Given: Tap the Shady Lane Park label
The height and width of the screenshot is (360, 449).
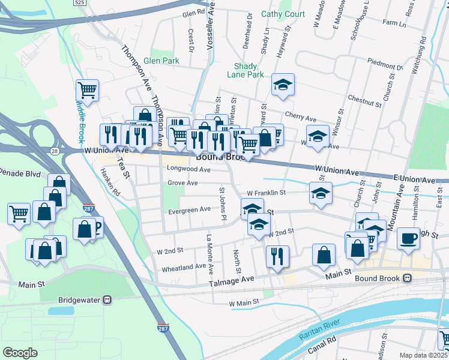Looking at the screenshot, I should coord(246,71).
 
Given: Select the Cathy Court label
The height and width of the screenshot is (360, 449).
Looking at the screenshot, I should coord(283,14).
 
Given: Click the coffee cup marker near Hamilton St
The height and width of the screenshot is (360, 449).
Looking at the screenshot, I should coord(408,238).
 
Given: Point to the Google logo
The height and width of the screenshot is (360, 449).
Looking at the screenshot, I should coord(20,353).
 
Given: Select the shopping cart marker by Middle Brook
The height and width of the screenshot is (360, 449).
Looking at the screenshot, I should coord(87,91).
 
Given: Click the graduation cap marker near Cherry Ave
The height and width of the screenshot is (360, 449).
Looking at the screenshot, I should coord(283,85).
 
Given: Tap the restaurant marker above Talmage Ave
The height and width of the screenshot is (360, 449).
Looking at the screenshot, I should coord(277,256).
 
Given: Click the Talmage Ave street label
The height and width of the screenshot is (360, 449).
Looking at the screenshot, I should coord(232,280).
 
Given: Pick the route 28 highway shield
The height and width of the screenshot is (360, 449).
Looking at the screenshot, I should coord(55,151).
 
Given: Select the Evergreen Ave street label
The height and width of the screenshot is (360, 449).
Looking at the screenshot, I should coord(189,209).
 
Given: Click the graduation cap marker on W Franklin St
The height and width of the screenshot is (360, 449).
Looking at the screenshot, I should coord(321,193).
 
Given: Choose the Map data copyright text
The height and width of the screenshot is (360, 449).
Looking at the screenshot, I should coord(424,355).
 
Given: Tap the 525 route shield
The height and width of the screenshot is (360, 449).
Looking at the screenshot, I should coord(80,3).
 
